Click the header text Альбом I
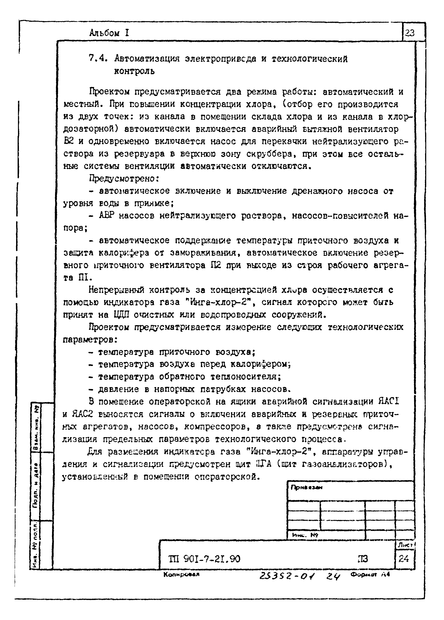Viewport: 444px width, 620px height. (x=109, y=33)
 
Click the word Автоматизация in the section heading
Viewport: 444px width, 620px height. (x=147, y=58)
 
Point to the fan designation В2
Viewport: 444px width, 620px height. (x=69, y=141)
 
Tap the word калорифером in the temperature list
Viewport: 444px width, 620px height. (x=260, y=364)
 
